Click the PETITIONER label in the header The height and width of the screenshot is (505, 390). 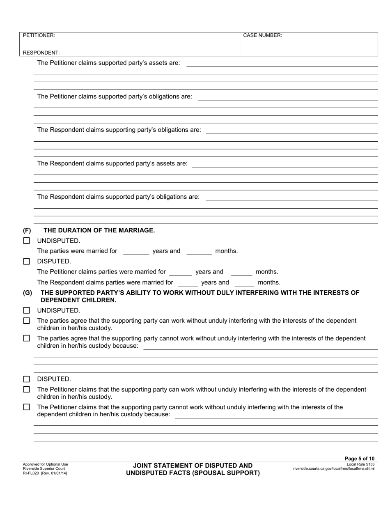tap(39, 35)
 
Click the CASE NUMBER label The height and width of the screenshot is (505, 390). tap(262, 35)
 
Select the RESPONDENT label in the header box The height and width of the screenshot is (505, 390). tap(41, 53)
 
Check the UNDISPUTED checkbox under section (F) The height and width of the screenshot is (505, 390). tap(27, 241)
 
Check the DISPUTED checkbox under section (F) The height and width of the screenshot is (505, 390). tap(27, 261)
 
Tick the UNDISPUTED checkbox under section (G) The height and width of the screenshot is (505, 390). tap(27, 310)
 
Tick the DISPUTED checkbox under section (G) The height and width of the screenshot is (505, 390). tap(27, 379)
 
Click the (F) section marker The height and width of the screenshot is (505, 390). tap(27, 230)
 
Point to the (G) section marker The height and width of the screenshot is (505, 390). tap(27, 293)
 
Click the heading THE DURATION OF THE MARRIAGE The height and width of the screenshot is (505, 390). tap(99, 230)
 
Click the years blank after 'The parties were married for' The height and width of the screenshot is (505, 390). tap(136, 252)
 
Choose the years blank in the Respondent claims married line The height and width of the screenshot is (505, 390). tap(188, 283)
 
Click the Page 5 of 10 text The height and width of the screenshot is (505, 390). tap(359, 459)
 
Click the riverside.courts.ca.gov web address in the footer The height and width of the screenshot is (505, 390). tap(333, 468)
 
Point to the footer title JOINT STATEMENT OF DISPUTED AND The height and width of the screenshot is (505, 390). tap(193, 466)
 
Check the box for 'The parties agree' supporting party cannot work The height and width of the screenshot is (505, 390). tap(27, 338)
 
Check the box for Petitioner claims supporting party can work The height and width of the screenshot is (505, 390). tap(27, 389)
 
